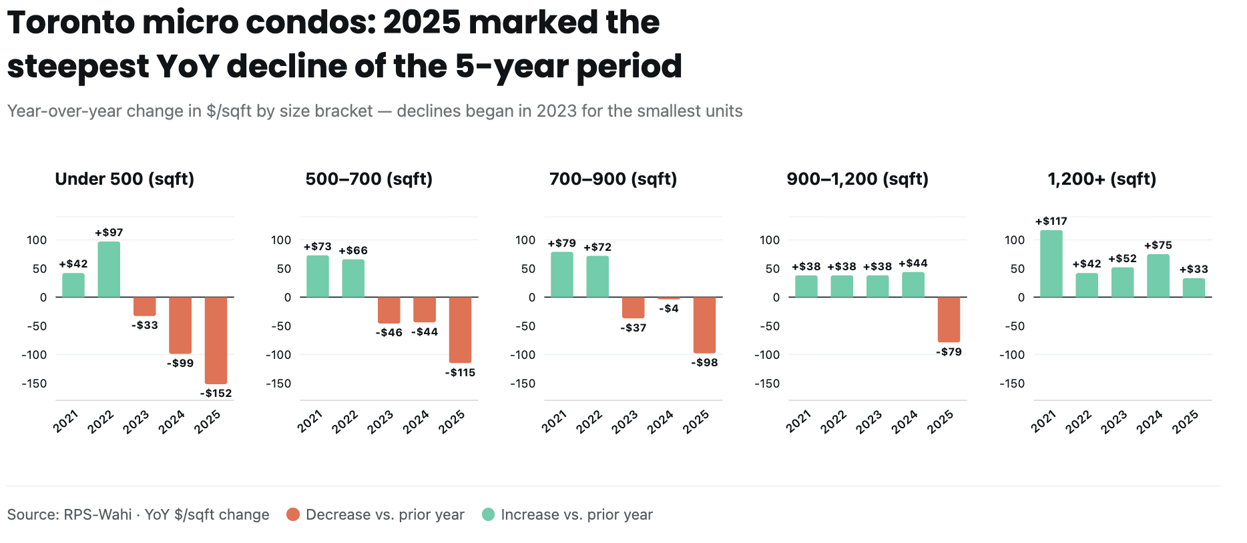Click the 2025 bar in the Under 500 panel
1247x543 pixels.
click(x=216, y=340)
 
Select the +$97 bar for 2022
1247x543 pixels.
click(x=109, y=269)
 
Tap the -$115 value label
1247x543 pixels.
click(x=460, y=373)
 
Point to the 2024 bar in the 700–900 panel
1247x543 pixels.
click(x=669, y=298)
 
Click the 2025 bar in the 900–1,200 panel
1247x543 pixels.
click(x=949, y=320)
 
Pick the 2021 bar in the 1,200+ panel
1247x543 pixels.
click(x=1051, y=263)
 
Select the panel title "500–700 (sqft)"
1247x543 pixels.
click(x=369, y=179)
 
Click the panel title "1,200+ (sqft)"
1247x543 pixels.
click(x=1102, y=179)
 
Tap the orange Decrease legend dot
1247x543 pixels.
click(x=292, y=514)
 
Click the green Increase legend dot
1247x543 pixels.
click(x=488, y=514)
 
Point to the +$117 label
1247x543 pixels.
click(x=1051, y=221)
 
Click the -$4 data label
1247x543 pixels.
click(x=669, y=308)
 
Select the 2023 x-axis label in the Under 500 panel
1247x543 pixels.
click(x=136, y=422)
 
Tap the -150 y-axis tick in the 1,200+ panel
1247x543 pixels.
click(x=1012, y=384)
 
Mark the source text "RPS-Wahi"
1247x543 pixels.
click(x=97, y=514)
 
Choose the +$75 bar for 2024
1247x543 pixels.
click(x=1158, y=276)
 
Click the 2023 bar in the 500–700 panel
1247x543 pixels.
click(x=389, y=310)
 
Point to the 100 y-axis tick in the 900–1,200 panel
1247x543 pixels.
click(x=770, y=240)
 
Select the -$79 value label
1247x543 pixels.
click(x=949, y=352)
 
